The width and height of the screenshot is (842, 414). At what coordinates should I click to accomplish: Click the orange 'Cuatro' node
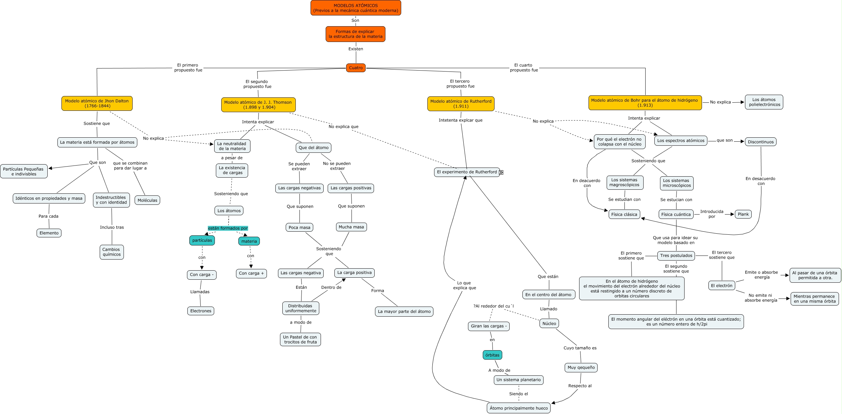point(356,68)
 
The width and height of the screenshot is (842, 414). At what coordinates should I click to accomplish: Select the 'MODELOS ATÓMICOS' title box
point(356,8)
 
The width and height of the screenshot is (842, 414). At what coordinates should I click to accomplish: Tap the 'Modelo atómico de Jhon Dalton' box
point(97,103)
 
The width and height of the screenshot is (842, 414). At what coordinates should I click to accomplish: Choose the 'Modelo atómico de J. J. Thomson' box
point(258,105)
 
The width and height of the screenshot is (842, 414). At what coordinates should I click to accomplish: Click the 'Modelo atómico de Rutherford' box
point(461,104)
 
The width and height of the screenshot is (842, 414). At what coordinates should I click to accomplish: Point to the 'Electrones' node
point(201,311)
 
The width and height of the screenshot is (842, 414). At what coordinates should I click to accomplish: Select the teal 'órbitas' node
point(492,355)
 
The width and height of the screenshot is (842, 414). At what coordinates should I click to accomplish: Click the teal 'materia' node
point(249,241)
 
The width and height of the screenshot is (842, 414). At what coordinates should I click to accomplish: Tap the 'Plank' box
point(743,214)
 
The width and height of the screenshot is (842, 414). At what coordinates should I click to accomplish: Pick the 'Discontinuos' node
point(761,142)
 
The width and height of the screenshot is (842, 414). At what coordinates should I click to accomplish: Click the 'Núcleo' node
point(549,323)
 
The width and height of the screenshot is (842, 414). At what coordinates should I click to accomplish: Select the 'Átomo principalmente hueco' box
point(519,408)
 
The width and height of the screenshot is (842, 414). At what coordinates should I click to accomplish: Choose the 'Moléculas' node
point(147,200)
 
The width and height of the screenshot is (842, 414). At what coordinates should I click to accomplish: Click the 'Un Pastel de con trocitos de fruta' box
point(300,339)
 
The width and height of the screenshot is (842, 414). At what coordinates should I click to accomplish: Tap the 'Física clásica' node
point(624,214)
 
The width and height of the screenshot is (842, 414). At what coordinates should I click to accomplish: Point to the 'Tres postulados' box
point(676,256)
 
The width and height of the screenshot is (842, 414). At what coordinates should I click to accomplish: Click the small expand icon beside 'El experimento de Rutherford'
point(501,172)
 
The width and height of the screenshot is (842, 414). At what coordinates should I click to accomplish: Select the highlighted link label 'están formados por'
point(228,228)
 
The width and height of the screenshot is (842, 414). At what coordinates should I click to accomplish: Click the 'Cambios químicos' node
point(112,252)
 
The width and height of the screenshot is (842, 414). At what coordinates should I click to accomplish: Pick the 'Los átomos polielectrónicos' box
point(764,102)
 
